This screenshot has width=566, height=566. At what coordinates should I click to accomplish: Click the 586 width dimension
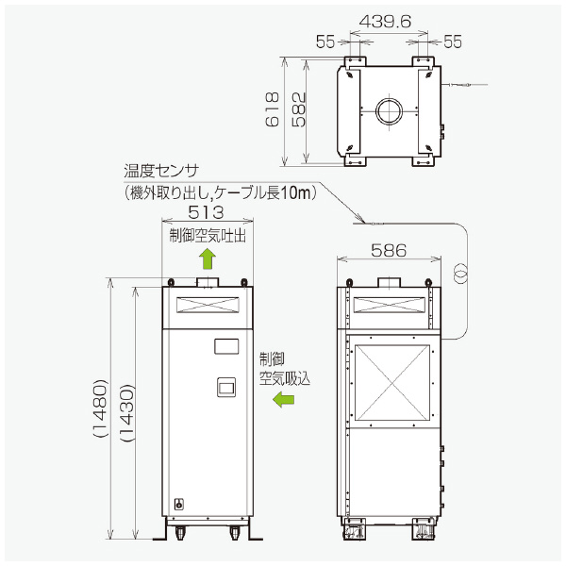[388, 250]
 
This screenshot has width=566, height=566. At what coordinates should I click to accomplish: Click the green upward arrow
[208, 258]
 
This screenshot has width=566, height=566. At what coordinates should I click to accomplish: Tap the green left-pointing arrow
[283, 400]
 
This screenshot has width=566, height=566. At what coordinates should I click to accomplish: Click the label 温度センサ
[161, 172]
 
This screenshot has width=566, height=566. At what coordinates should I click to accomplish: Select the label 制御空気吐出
[207, 236]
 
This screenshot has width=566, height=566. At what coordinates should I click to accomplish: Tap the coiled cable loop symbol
[460, 272]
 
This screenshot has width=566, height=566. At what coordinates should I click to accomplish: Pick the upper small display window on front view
[226, 346]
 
